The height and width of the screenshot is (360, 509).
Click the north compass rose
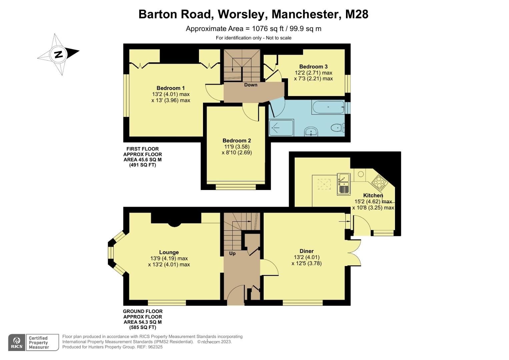tap(59, 54)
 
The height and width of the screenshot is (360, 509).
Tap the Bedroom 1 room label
tap(170, 88)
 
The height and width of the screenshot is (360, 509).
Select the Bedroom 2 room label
tap(236, 141)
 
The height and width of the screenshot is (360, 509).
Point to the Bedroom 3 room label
tap(313, 67)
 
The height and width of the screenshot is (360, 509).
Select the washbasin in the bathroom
tap(312, 131)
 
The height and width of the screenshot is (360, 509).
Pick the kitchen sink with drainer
tap(344, 184)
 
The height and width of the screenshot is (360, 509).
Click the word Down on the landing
tap(251, 85)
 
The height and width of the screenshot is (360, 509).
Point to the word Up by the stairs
tap(232, 253)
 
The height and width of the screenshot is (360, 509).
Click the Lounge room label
tap(169, 252)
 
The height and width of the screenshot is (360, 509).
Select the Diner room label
tap(306, 251)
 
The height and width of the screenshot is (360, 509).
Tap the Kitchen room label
tap(373, 195)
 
